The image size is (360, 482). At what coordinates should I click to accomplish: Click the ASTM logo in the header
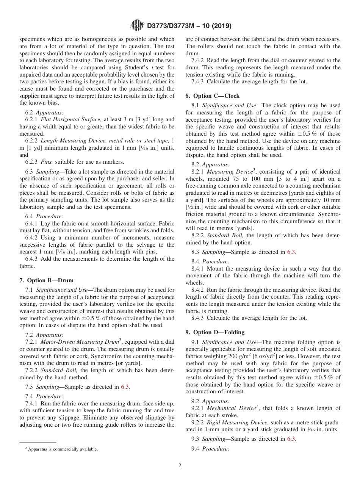click(137, 26)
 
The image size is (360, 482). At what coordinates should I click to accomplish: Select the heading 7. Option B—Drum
click(46, 280)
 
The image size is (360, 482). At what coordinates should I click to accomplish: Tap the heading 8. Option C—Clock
click(212, 96)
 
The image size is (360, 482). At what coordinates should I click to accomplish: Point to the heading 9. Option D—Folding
click(215, 332)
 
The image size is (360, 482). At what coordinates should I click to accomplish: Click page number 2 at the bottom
click(180, 466)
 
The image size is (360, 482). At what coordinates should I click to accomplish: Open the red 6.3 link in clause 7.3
click(125, 387)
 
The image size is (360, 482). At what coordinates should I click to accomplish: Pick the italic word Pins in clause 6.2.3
click(47, 162)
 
